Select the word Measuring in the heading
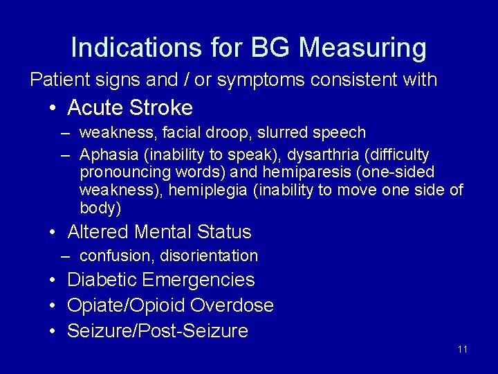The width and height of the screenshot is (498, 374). pyautogui.click(x=363, y=48)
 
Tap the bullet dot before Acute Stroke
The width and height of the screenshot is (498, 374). pyautogui.click(x=53, y=109)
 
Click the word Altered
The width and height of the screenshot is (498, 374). pyautogui.click(x=98, y=231)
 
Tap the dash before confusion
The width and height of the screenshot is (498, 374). pyautogui.click(x=65, y=256)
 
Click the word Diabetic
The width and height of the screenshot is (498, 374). pyautogui.click(x=102, y=280)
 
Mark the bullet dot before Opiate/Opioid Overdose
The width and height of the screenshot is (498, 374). pyautogui.click(x=53, y=306)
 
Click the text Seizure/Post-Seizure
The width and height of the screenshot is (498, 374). pyautogui.click(x=157, y=331)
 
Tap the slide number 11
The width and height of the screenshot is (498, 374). pyautogui.click(x=463, y=349)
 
